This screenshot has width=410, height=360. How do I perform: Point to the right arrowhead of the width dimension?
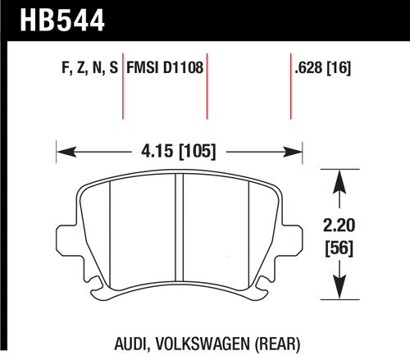pos(297,151)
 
